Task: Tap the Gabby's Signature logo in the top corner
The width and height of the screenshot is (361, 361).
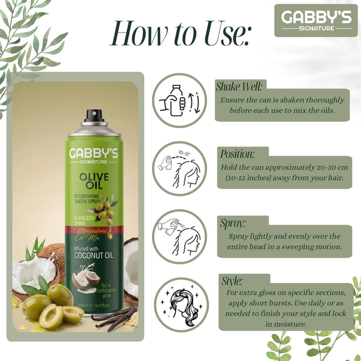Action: tap(313, 20)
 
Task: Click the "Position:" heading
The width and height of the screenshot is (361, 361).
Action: tap(238, 153)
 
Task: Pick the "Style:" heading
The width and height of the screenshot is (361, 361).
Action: tap(232, 281)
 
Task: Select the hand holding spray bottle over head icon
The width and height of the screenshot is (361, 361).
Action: tap(179, 236)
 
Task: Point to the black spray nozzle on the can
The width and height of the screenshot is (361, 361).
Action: tap(94, 115)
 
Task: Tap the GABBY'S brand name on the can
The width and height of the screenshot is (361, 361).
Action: tap(93, 153)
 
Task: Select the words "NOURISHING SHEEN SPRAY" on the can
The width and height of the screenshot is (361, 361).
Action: tap(90, 198)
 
